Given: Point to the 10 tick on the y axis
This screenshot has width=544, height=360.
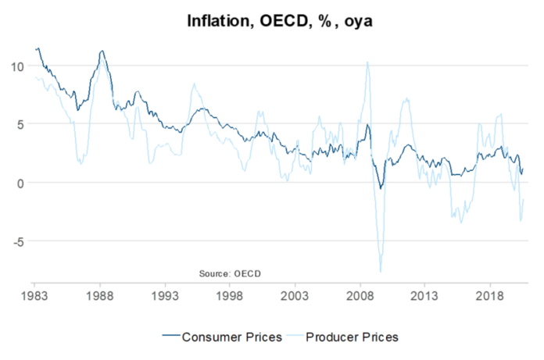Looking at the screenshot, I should point(16,66).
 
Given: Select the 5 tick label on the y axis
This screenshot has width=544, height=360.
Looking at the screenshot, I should point(20,124).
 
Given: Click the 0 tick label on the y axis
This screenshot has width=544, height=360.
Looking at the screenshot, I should point(20,183).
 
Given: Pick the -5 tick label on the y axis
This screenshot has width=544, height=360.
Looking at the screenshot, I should point(17,241).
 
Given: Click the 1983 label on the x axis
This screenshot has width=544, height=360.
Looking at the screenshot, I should point(34,298).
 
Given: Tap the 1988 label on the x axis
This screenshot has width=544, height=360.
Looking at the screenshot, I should point(99,298).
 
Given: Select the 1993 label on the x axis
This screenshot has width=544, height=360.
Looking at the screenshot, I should point(165,298).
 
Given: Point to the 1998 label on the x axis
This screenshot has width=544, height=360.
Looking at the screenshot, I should point(230,298).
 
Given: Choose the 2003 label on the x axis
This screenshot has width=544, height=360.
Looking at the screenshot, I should point(295,298).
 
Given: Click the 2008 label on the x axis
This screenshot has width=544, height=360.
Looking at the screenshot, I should point(360,298).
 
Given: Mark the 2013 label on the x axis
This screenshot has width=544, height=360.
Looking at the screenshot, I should point(424,298).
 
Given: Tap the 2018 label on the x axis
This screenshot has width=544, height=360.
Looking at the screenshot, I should point(489,298).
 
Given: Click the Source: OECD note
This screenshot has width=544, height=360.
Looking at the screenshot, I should point(230,273).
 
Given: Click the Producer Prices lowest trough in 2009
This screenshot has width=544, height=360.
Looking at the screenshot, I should point(381,271).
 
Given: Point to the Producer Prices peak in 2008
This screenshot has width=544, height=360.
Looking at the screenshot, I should point(367,62).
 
